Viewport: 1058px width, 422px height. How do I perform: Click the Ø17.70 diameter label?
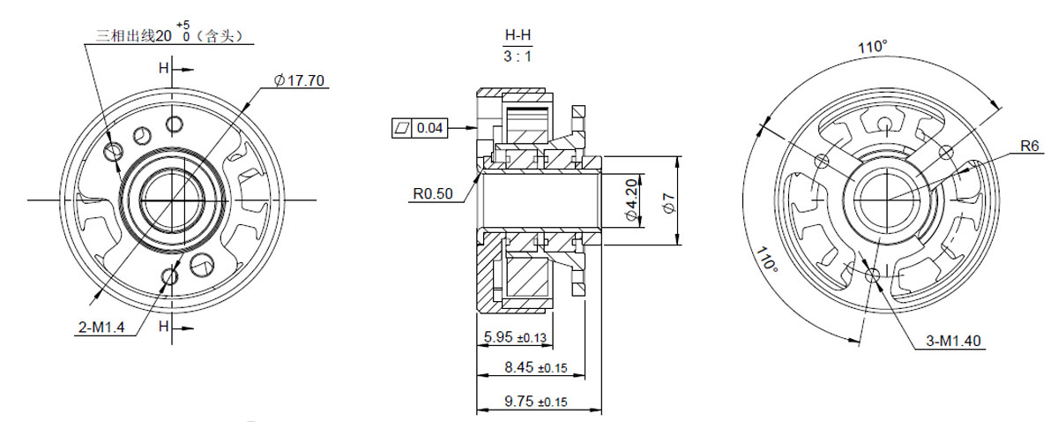[300, 80]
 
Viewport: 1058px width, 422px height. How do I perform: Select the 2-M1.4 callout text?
[101, 327]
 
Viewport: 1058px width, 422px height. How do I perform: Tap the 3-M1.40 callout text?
[953, 341]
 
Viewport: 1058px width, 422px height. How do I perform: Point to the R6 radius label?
[1030, 146]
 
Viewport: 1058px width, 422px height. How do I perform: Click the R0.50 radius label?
[433, 193]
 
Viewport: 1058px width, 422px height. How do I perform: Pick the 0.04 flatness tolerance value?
[430, 128]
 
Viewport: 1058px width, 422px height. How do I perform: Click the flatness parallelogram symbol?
[402, 128]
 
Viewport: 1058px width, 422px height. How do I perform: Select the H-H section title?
[518, 35]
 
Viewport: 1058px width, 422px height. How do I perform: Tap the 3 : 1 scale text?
[518, 57]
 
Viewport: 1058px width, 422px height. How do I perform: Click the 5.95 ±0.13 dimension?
[515, 337]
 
